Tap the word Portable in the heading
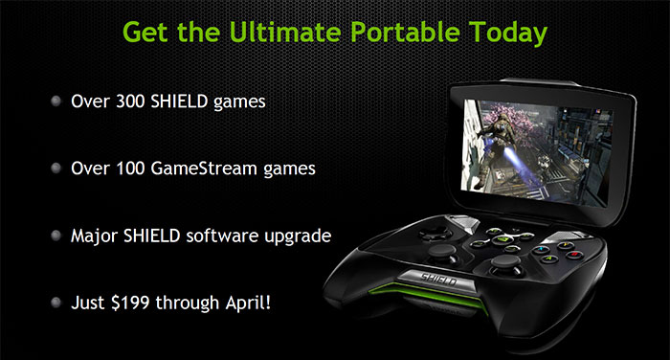401,34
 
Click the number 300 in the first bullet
127,100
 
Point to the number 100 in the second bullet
127,168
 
